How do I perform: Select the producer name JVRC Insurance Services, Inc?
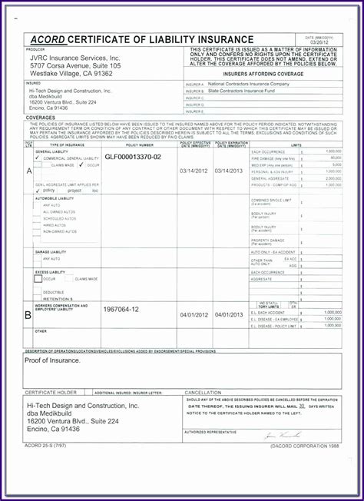pos(74,58)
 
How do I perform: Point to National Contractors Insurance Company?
pos(249,83)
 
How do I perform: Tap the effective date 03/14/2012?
pos(194,170)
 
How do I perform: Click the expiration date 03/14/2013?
pos(229,170)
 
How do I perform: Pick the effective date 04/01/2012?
pos(194,315)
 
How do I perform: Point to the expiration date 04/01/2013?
pos(229,315)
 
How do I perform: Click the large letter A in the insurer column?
pos(28,171)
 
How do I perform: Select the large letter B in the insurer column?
pos(28,314)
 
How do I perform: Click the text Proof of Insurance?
pos(55,360)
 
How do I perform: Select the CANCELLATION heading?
pos(203,392)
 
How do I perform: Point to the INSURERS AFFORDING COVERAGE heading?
pos(261,75)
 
